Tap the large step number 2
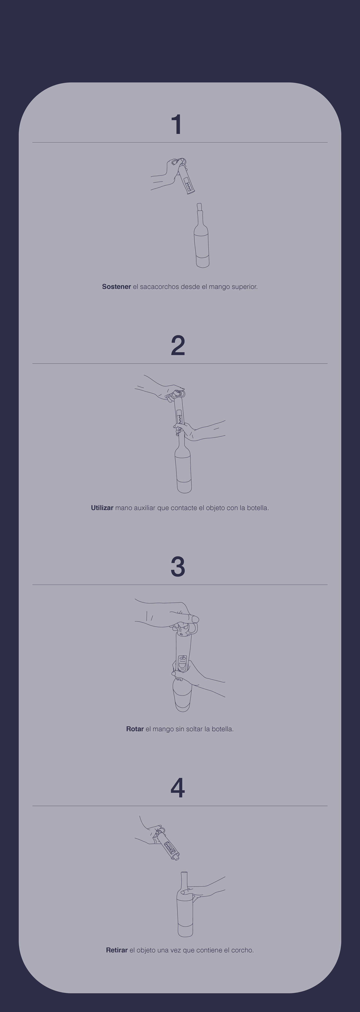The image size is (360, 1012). pos(178,346)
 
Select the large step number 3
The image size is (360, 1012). pos(178,567)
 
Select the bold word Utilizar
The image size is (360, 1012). pos(102,507)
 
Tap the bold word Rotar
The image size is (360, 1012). pos(135,729)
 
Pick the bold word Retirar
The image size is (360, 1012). pos(117,950)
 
